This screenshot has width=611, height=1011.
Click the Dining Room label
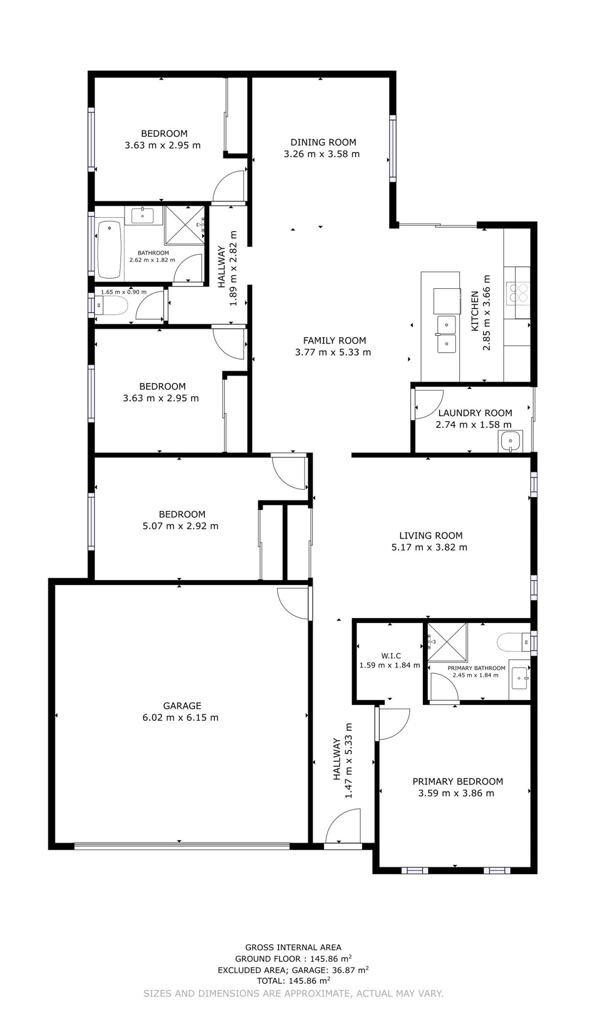(x=323, y=142)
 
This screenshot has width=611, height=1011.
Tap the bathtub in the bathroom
(x=109, y=249)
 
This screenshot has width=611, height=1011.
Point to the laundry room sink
(x=510, y=441)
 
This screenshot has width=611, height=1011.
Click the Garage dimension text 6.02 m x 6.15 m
(x=180, y=717)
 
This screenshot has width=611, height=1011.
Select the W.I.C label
(x=390, y=656)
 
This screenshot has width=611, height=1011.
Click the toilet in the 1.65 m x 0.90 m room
(x=111, y=305)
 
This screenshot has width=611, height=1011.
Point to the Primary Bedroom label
(x=457, y=781)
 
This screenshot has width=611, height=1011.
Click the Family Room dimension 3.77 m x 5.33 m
(x=333, y=352)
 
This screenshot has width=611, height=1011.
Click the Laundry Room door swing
(x=429, y=404)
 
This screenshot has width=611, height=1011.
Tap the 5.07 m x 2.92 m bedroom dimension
(x=180, y=526)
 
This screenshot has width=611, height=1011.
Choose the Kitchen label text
(x=474, y=311)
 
